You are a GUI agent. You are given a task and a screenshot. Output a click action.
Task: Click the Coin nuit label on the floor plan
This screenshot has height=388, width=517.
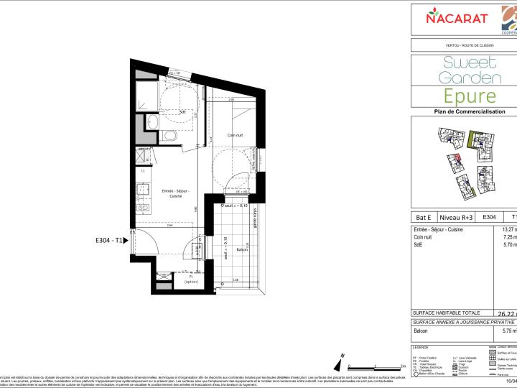coord(238,135)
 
